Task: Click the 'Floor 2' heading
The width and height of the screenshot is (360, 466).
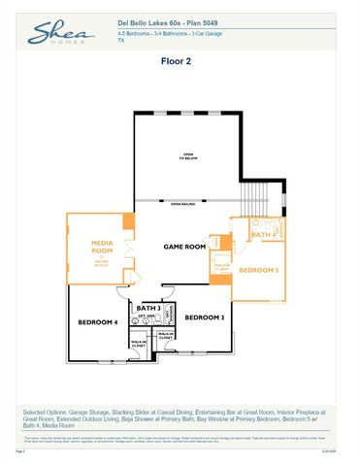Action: click(179, 60)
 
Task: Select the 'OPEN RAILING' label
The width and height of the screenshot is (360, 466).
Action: click(182, 204)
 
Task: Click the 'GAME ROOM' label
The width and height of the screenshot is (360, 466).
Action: click(184, 247)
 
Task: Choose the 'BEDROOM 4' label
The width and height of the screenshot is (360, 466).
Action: click(97, 321)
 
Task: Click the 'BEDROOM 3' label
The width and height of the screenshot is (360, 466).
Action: click(205, 317)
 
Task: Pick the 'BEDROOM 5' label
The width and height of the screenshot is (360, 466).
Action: click(259, 269)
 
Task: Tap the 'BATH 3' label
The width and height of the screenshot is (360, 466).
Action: click(148, 307)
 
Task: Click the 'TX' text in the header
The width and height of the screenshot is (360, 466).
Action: click(121, 41)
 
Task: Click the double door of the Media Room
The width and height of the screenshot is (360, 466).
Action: click(129, 250)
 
